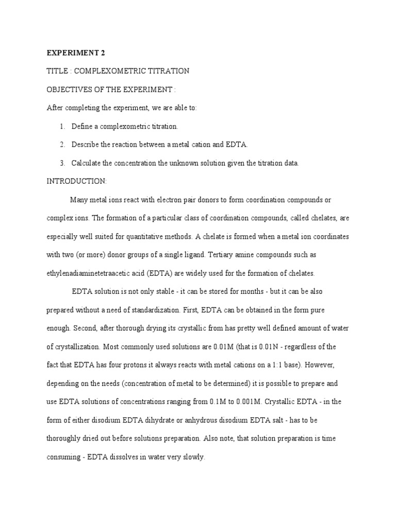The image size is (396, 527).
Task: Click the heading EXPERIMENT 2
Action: (72, 52)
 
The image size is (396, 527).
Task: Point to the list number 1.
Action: (62, 126)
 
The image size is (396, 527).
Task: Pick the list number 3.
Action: (62, 163)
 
